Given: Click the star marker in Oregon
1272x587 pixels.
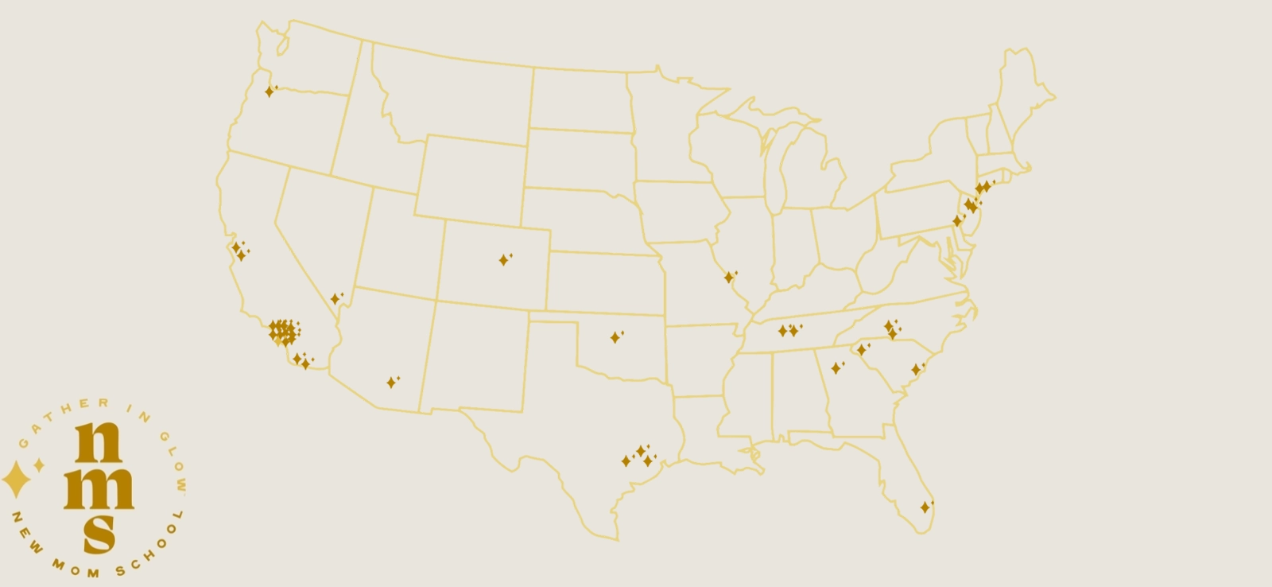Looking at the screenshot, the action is tap(270, 91).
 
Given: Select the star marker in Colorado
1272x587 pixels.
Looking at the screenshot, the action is tap(503, 260).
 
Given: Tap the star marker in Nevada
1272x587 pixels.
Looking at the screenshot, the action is tap(335, 299).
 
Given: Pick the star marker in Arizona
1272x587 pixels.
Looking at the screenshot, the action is tap(391, 383).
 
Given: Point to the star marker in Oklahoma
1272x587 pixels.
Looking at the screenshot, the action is tap(615, 337).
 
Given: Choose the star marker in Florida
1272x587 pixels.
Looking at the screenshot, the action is tap(925, 507).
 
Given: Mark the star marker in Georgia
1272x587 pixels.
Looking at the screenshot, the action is tap(836, 368).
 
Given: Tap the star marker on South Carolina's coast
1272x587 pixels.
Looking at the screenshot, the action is tap(916, 370).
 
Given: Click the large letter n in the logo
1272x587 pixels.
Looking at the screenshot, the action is tap(98, 442).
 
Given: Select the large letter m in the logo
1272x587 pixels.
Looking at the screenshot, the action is tap(99, 488).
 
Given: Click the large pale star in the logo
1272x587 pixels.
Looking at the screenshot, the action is tap(14, 480).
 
